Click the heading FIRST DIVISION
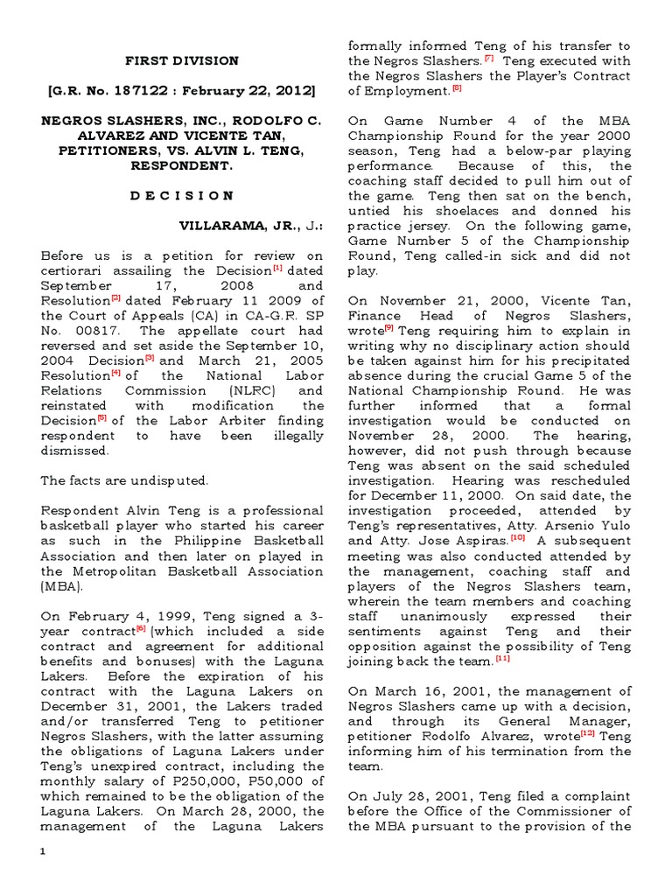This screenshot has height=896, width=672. click(x=182, y=60)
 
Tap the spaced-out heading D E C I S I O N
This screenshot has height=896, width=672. click(x=182, y=195)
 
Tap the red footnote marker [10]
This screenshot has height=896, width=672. click(x=517, y=537)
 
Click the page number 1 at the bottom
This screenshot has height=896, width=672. click(x=42, y=877)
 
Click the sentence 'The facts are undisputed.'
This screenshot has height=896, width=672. click(x=125, y=480)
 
